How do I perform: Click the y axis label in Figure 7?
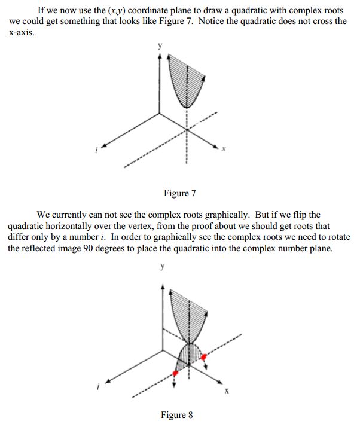pos(159,45)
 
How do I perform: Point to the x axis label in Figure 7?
pos(223,149)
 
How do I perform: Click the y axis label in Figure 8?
pos(162,267)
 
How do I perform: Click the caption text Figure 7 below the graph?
pos(179,193)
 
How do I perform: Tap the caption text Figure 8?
pos(177,415)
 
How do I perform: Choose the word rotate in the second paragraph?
pos(337,237)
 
